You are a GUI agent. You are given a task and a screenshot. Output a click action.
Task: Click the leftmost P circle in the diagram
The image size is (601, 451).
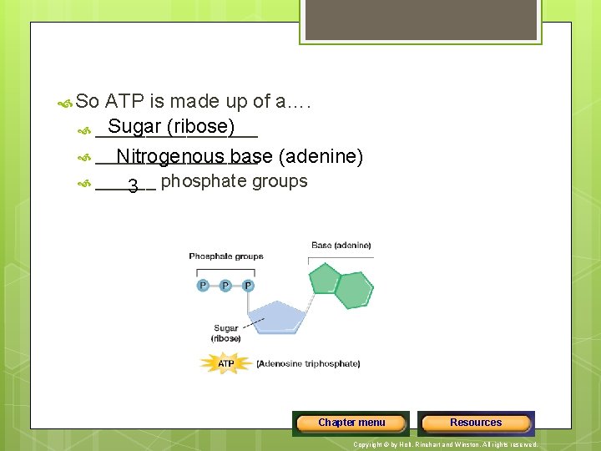(x=203, y=286)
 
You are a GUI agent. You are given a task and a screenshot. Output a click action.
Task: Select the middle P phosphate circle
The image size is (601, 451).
(x=225, y=286)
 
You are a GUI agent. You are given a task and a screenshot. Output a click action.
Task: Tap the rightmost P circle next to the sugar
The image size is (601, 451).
(x=248, y=286)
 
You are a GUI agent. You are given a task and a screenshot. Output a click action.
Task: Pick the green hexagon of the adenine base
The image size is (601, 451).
(x=354, y=290)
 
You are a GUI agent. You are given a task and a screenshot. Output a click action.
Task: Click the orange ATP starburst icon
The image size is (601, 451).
(x=225, y=363)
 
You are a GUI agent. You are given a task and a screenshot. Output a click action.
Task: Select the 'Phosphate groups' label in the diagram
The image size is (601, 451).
(x=225, y=256)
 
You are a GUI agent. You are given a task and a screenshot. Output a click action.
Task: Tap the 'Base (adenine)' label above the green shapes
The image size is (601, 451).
(x=341, y=246)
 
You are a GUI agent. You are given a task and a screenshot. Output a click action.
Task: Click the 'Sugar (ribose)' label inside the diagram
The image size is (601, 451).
(x=226, y=333)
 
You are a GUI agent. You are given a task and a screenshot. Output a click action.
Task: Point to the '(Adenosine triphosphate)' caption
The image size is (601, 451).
(x=308, y=364)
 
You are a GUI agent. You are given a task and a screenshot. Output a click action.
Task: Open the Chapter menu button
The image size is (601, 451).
(x=351, y=423)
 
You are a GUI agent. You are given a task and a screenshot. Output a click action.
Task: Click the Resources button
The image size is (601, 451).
(x=476, y=423)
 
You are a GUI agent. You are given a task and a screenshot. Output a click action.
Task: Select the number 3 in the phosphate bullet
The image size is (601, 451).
(x=133, y=186)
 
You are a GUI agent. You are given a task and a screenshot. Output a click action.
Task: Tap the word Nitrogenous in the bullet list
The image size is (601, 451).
(x=170, y=156)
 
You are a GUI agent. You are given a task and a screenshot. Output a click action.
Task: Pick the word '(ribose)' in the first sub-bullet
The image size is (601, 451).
(x=200, y=127)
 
